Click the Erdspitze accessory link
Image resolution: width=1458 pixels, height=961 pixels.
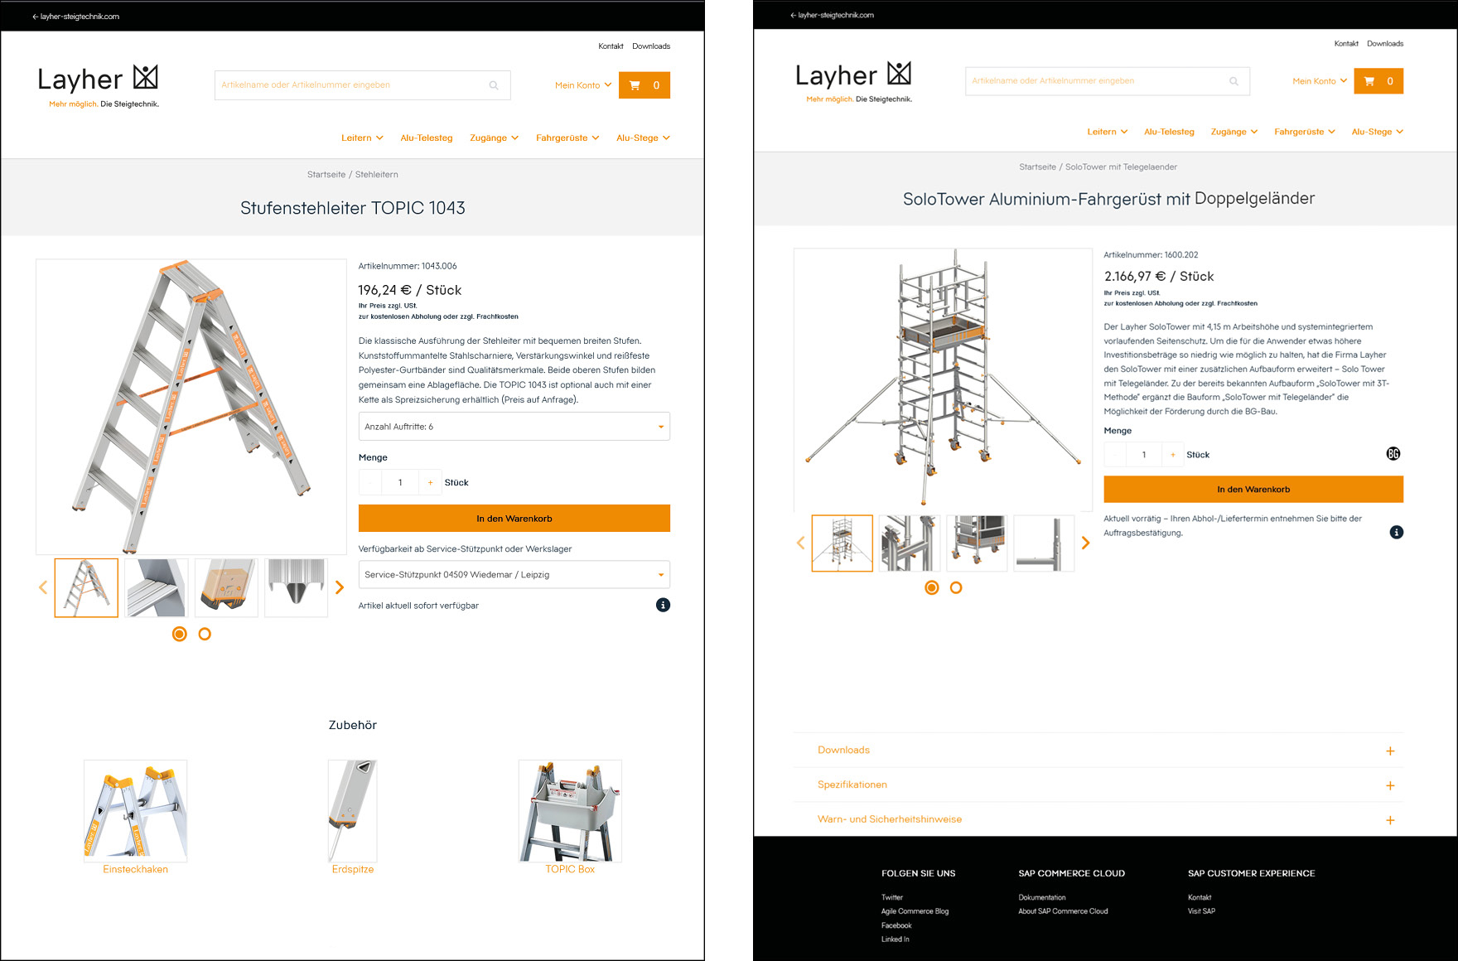353,869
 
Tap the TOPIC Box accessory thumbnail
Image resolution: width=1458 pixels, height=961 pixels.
570,811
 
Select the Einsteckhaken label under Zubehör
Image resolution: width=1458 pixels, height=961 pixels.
135,869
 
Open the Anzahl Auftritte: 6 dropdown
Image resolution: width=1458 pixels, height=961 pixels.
514,427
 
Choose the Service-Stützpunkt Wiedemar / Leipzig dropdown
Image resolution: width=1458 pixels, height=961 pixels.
514,575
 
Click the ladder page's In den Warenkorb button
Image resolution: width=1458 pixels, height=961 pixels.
514,519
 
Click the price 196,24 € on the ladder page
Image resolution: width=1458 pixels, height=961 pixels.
384,290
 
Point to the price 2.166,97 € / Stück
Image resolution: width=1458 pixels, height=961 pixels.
1158,277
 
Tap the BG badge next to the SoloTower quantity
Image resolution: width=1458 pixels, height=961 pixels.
1393,454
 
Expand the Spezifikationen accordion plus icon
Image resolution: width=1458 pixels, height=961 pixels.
1390,785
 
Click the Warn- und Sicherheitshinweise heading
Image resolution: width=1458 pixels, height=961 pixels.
890,819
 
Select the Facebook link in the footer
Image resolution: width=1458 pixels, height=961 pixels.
896,925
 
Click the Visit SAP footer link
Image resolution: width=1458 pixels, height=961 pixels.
1201,911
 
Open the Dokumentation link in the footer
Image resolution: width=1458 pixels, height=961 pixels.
1042,897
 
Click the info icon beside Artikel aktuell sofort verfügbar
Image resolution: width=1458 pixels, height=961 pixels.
663,605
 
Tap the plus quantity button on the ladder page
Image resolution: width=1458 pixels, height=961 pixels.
430,482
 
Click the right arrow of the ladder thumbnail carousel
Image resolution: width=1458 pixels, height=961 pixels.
340,587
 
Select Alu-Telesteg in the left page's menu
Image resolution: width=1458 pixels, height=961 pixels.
427,138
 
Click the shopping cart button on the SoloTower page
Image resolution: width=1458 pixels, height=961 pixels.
1378,81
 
